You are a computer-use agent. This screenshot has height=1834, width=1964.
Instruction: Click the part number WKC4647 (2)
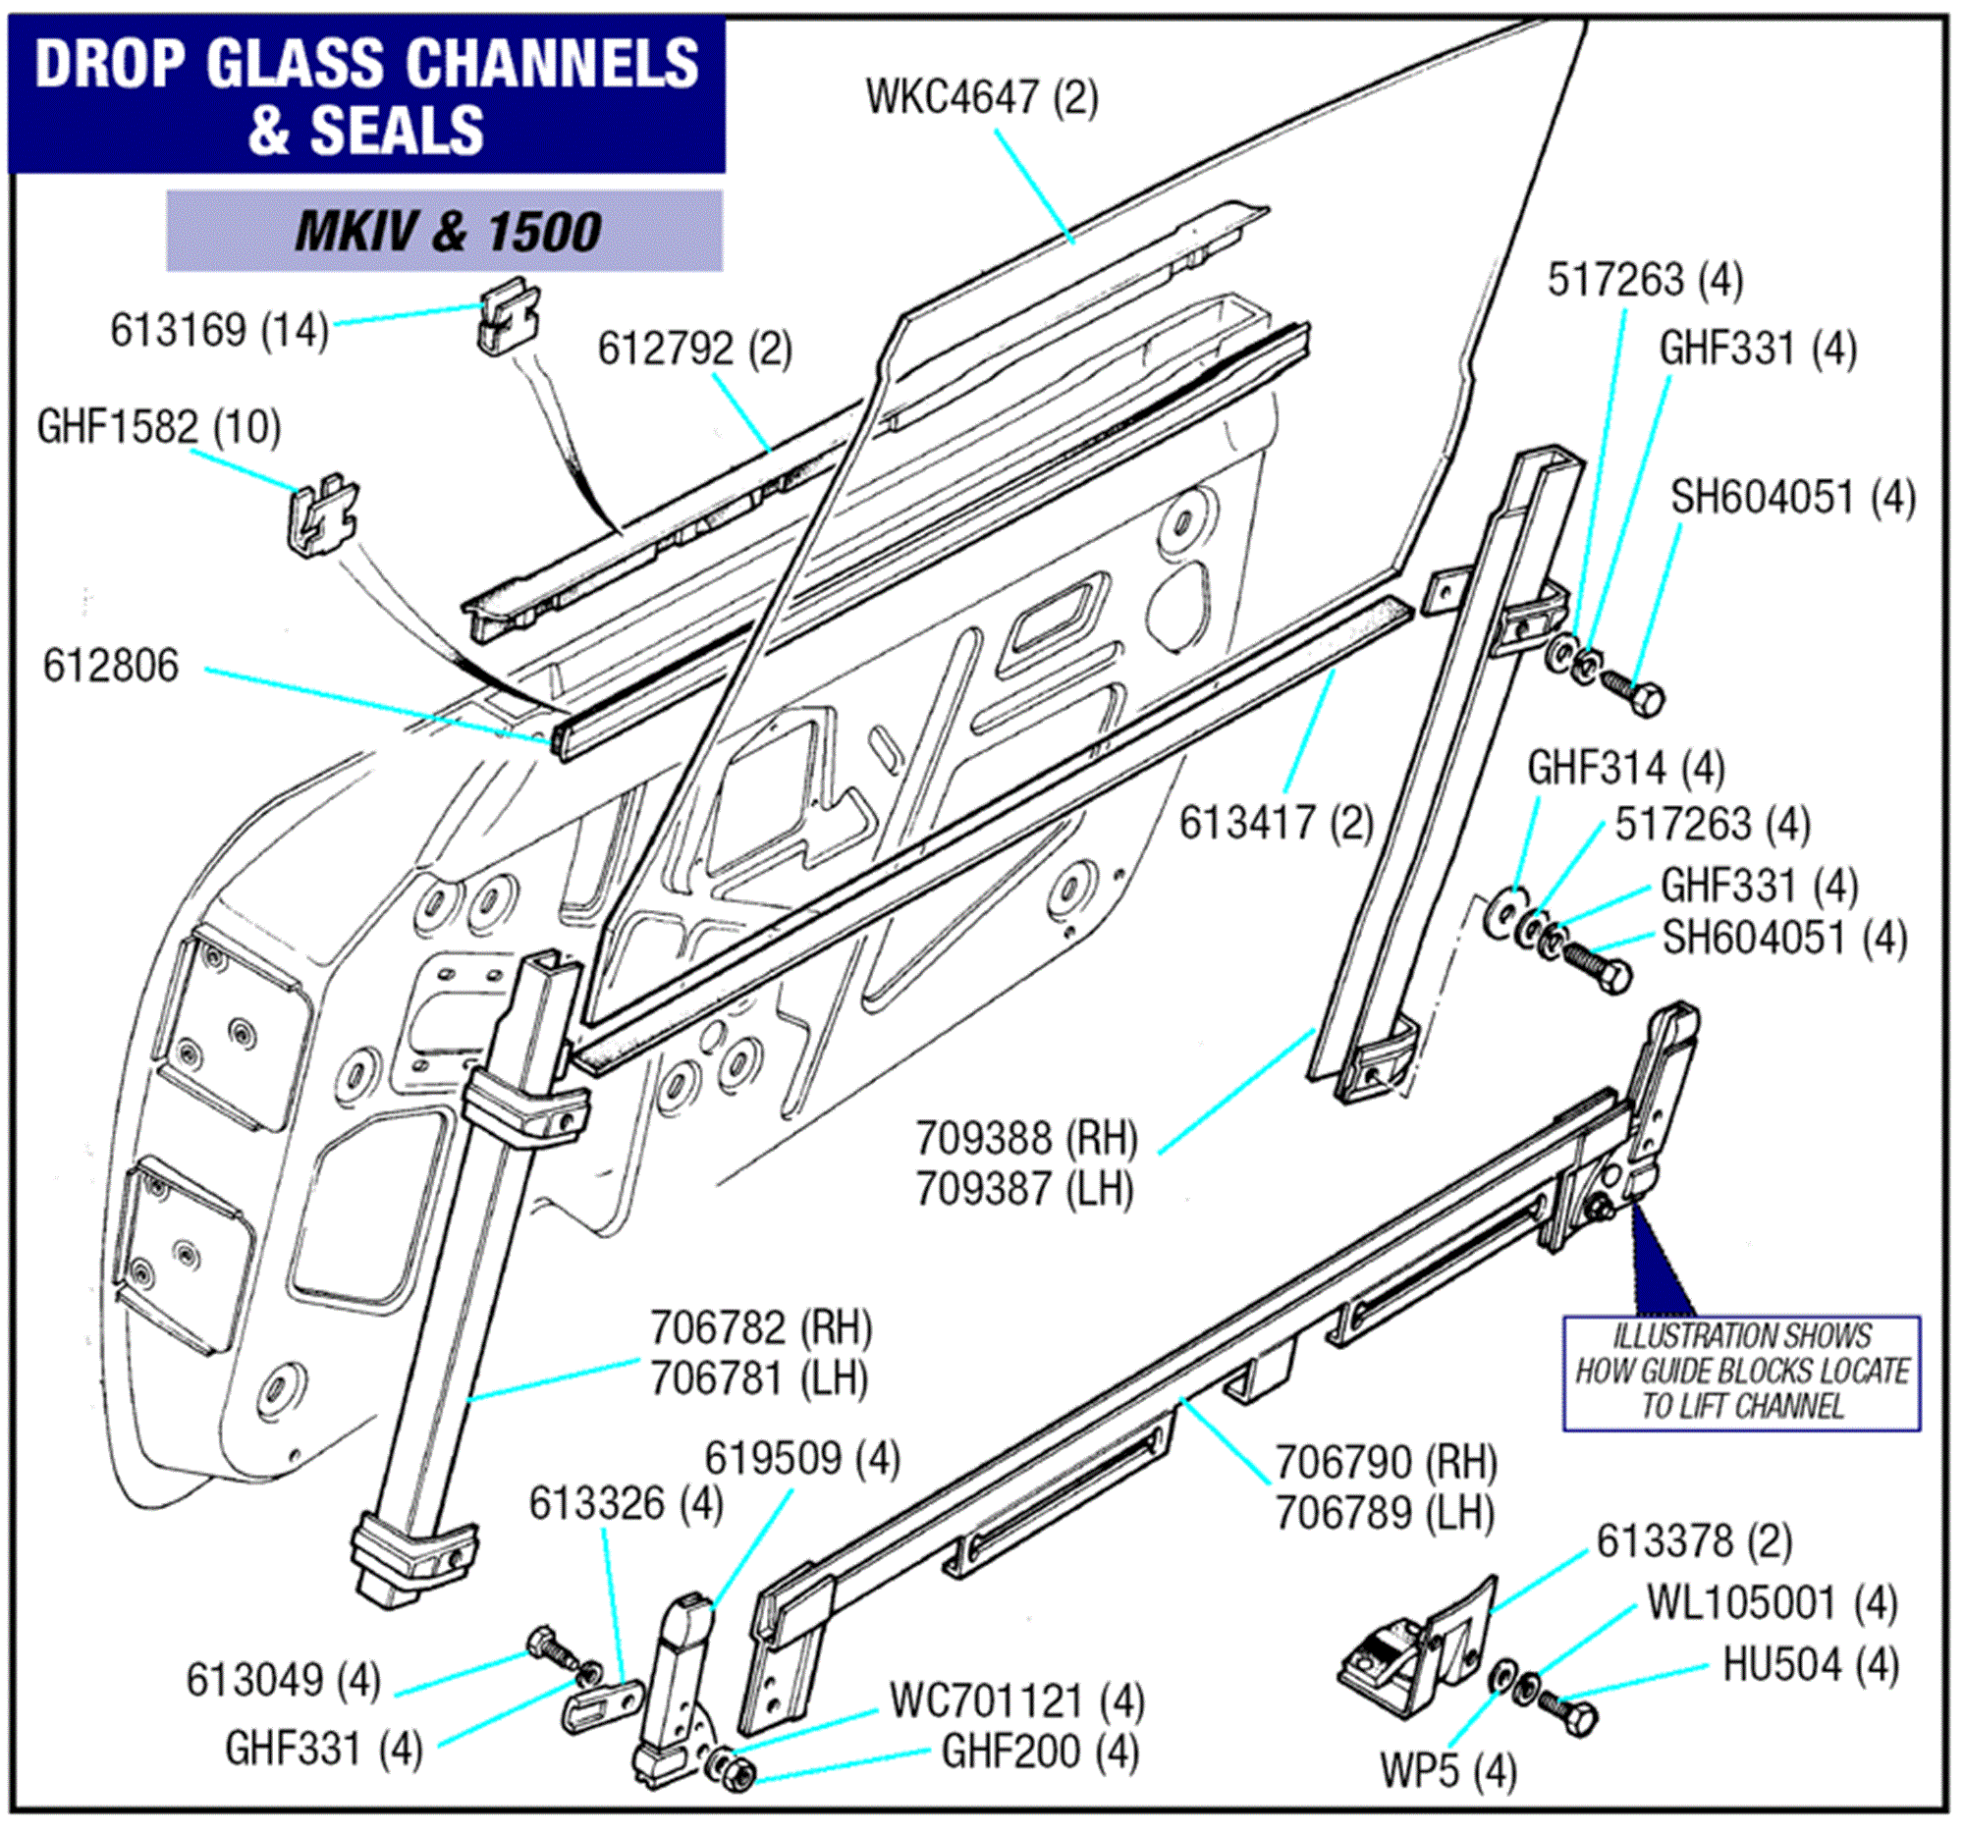pyautogui.click(x=981, y=98)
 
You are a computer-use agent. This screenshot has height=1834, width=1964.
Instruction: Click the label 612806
pyautogui.click(x=111, y=666)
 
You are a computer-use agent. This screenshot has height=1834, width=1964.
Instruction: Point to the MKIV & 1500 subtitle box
pyautogui.click(x=445, y=231)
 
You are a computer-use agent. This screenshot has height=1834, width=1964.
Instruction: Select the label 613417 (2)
pyautogui.click(x=1277, y=823)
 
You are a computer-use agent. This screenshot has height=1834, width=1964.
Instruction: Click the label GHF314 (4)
pyautogui.click(x=1626, y=768)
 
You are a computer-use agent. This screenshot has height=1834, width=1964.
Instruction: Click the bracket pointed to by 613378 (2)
pyautogui.click(x=1423, y=1647)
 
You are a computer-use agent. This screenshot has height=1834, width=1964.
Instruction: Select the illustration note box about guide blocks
pyautogui.click(x=1741, y=1373)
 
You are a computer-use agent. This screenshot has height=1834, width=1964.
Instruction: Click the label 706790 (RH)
pyautogui.click(x=1386, y=1463)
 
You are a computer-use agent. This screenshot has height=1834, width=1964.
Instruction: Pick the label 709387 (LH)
pyautogui.click(x=1024, y=1189)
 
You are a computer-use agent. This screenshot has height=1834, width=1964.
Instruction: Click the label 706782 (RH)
pyautogui.click(x=761, y=1328)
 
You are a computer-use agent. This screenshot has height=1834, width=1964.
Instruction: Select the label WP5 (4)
pyautogui.click(x=1448, y=1771)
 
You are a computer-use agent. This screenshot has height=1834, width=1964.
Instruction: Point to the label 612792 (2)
pyautogui.click(x=694, y=349)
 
